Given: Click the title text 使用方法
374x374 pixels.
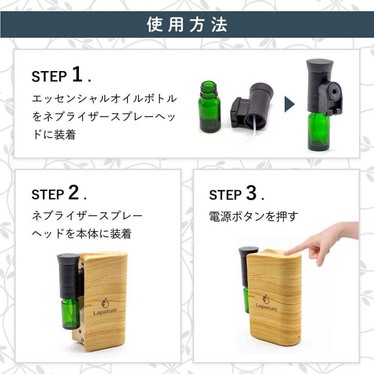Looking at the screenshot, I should [187, 25].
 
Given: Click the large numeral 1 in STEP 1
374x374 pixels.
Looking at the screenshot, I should [78, 75].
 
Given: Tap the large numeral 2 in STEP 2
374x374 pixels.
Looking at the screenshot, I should [74, 193].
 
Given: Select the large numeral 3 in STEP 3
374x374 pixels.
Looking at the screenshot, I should [251, 193].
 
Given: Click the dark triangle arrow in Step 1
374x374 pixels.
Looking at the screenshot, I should [289, 105].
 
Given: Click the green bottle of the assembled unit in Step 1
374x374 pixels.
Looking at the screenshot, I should [318, 132].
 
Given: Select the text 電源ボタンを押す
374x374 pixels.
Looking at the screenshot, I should [253, 217].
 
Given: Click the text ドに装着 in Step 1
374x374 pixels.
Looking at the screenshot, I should [54, 135].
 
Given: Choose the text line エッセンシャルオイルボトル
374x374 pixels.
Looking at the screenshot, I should [104, 99].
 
